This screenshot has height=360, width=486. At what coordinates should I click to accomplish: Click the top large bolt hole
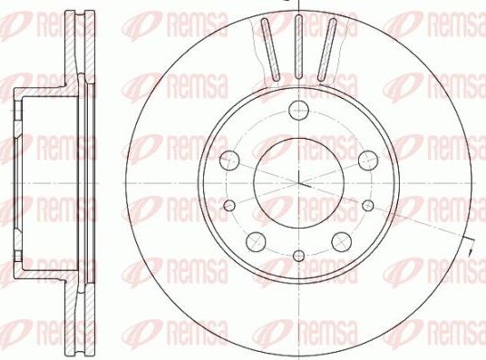pos(298,112)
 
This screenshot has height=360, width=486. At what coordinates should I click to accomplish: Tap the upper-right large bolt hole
pos(366,161)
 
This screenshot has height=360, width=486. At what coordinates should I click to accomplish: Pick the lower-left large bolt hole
pos(257,240)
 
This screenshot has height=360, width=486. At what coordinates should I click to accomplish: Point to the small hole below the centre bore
pos(298,256)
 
